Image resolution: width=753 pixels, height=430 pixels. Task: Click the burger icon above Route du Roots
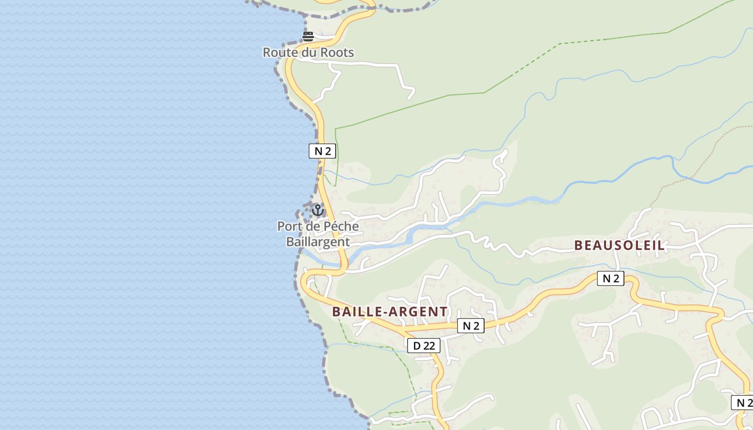point(308,37)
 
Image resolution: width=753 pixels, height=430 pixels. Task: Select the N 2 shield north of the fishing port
point(322,151)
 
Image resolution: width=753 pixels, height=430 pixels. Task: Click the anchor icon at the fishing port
point(318,210)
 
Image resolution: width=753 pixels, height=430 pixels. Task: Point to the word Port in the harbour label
point(289,226)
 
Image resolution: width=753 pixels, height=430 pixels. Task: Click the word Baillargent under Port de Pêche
point(318,242)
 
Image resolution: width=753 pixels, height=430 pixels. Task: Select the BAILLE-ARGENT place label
point(389,312)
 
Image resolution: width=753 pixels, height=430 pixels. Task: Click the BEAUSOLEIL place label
point(619,246)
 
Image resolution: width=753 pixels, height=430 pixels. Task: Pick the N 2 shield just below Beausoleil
point(610,278)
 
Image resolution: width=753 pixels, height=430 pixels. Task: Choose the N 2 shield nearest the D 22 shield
point(471,326)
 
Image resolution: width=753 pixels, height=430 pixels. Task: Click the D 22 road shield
point(424,346)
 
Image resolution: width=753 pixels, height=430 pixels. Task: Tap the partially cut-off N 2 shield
point(743,403)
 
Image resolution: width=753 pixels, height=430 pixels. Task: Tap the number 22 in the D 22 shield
point(429,346)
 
